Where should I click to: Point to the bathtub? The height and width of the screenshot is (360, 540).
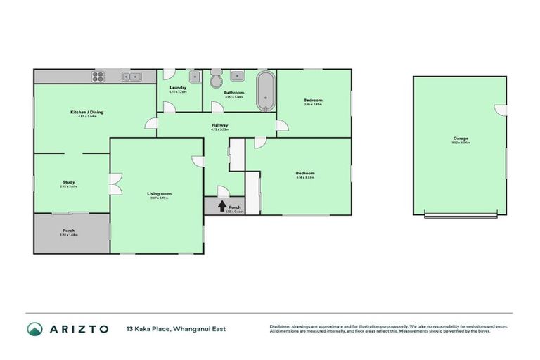266,91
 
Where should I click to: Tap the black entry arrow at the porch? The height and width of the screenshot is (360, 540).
222,206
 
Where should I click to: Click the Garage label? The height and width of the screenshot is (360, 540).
461,139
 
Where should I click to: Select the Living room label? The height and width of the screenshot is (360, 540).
160,193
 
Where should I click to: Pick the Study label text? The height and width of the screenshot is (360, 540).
69,183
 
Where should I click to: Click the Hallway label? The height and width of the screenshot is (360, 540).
220,126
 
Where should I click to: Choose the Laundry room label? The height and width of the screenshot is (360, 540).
178,88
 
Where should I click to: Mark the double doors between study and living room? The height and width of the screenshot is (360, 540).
112,183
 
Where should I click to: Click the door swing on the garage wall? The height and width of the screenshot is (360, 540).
499,109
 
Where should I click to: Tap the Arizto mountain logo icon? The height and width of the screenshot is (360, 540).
34,329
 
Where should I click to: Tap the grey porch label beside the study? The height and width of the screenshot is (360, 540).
69,231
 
